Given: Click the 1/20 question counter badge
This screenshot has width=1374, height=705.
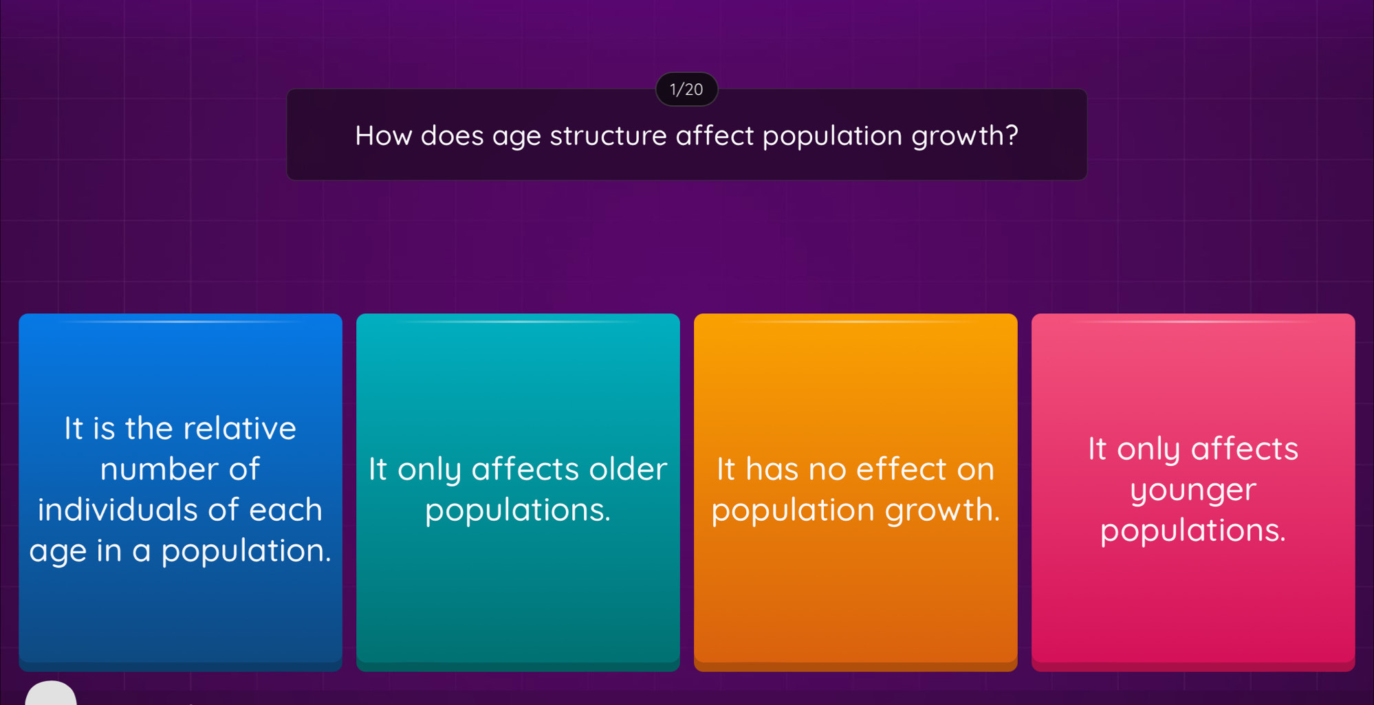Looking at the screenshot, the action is point(686,89).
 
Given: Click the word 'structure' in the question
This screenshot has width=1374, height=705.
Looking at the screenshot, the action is point(608,135).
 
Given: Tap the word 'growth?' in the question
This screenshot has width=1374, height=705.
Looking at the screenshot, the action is point(965,136).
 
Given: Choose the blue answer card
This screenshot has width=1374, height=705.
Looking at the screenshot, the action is point(180,492).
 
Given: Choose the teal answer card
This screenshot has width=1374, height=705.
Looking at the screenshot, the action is point(518,492).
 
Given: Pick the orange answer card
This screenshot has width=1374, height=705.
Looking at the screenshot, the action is point(855,492).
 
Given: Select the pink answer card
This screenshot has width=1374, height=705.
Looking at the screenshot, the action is point(1193,492).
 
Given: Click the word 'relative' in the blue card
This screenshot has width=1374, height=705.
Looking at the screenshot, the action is point(239,428).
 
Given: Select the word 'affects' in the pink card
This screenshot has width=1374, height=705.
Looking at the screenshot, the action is point(1245,448).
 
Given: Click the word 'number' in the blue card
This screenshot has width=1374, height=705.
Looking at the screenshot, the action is point(160,469).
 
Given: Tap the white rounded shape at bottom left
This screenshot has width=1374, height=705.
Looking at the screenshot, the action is point(51,693).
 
